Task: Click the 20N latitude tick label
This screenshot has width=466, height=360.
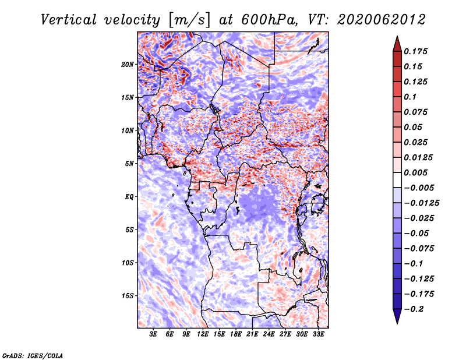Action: [128, 65]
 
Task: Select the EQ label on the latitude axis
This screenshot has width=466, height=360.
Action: [129, 197]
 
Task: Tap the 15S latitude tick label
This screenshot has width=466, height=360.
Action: [128, 296]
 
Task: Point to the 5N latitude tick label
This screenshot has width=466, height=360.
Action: [129, 164]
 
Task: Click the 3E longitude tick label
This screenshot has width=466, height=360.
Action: [153, 334]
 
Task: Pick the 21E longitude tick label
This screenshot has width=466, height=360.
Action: [252, 334]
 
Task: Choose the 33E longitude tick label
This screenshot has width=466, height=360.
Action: [318, 334]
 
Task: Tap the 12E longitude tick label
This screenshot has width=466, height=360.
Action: [202, 334]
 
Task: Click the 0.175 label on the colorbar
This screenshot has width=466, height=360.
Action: [415, 51]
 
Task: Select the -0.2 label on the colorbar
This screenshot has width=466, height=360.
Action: [414, 309]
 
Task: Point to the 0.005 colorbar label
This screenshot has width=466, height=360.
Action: [415, 172]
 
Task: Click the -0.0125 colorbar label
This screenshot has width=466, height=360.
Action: [421, 203]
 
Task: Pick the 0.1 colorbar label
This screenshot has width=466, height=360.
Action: [410, 97]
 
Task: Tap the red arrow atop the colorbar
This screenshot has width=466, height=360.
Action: [397, 44]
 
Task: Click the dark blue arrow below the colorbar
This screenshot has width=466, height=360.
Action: [397, 316]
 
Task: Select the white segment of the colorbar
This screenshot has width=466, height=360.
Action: [397, 180]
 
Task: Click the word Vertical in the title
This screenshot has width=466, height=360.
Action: [69, 20]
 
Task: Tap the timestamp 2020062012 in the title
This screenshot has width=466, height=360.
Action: [382, 20]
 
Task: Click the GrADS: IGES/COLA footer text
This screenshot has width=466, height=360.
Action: [33, 356]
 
